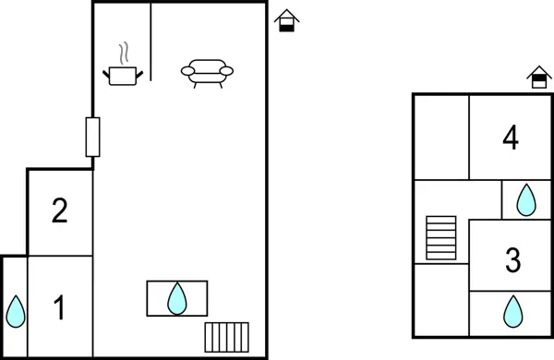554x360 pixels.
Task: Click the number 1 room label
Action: [x=60, y=307]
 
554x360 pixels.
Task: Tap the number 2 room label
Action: [x=60, y=212]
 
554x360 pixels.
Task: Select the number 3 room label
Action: [x=513, y=259]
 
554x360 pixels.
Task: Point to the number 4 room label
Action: [x=511, y=138]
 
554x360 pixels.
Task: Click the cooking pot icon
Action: [x=123, y=74]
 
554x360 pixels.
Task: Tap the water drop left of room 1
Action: [x=15, y=311]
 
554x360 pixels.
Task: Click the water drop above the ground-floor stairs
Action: [x=176, y=298]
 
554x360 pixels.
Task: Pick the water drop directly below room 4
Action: [x=525, y=199]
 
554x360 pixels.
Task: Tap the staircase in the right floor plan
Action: [x=441, y=238]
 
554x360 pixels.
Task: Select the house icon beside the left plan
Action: [x=288, y=20]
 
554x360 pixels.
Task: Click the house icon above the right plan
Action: [x=538, y=78]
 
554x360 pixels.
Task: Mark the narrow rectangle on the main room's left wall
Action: [x=92, y=138]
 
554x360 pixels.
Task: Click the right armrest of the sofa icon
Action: [x=226, y=70]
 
